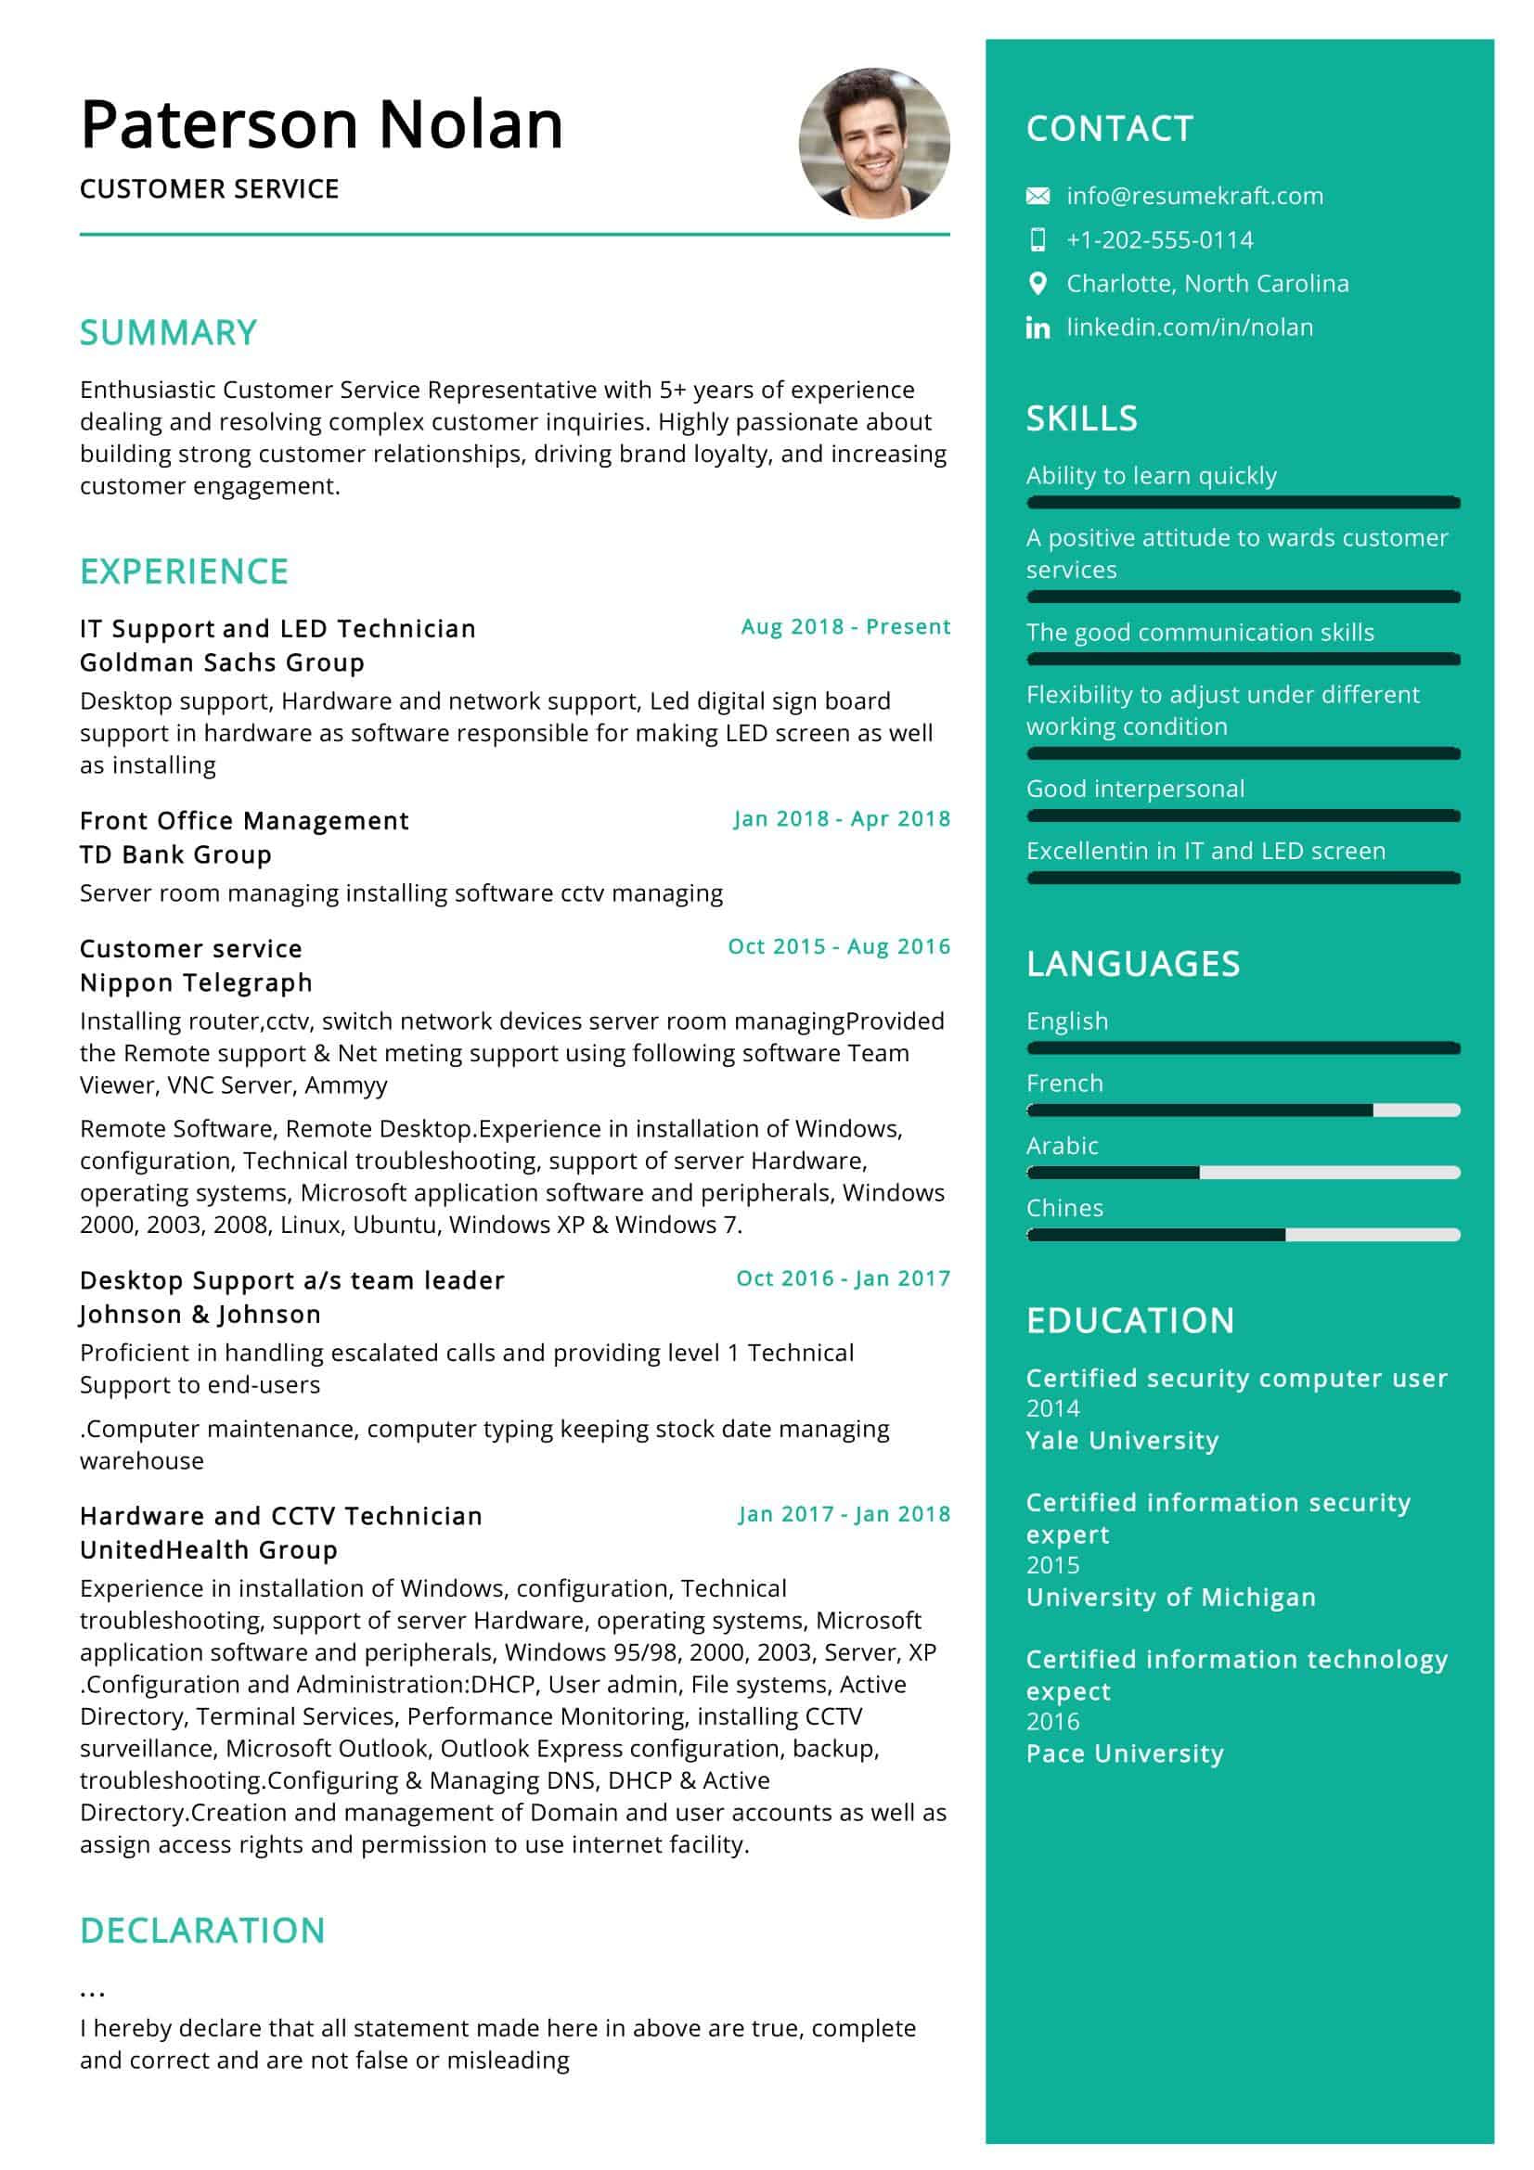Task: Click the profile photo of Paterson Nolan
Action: click(873, 143)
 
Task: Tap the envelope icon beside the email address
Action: click(1037, 196)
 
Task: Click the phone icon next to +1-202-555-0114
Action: click(1037, 240)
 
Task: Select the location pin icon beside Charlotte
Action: click(1037, 284)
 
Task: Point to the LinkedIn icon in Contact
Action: click(1037, 327)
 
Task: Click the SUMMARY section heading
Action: click(168, 333)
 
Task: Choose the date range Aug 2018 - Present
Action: click(845, 626)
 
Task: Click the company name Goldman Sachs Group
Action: click(222, 662)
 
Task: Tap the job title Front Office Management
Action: click(244, 820)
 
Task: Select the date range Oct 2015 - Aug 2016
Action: click(838, 946)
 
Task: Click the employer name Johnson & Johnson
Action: click(200, 1314)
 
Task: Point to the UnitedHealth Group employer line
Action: click(209, 1549)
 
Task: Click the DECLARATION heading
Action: click(202, 1930)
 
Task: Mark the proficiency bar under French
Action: click(1242, 1111)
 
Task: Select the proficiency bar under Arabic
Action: click(1242, 1173)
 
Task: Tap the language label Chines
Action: click(1064, 1208)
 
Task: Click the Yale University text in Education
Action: click(1122, 1441)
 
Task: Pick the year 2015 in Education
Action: click(1052, 1565)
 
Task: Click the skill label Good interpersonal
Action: click(1134, 789)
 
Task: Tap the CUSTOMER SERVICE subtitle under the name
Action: click(209, 189)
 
